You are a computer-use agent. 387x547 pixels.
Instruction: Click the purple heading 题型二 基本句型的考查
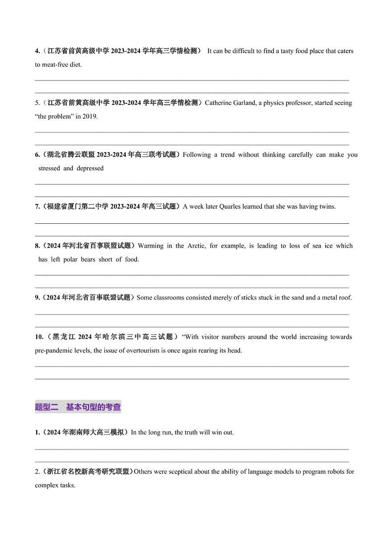pyautogui.click(x=78, y=407)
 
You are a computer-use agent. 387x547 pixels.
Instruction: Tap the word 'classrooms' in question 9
pyautogui.click(x=170, y=297)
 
